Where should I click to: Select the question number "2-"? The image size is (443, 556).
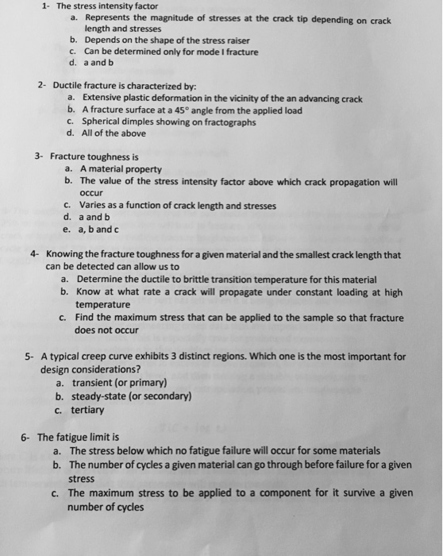[x=42, y=83]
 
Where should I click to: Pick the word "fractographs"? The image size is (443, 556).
[x=230, y=122]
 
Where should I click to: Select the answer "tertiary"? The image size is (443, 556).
[x=87, y=410]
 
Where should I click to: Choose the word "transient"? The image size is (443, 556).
[x=90, y=382]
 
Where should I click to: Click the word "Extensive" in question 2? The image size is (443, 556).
[x=102, y=98]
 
